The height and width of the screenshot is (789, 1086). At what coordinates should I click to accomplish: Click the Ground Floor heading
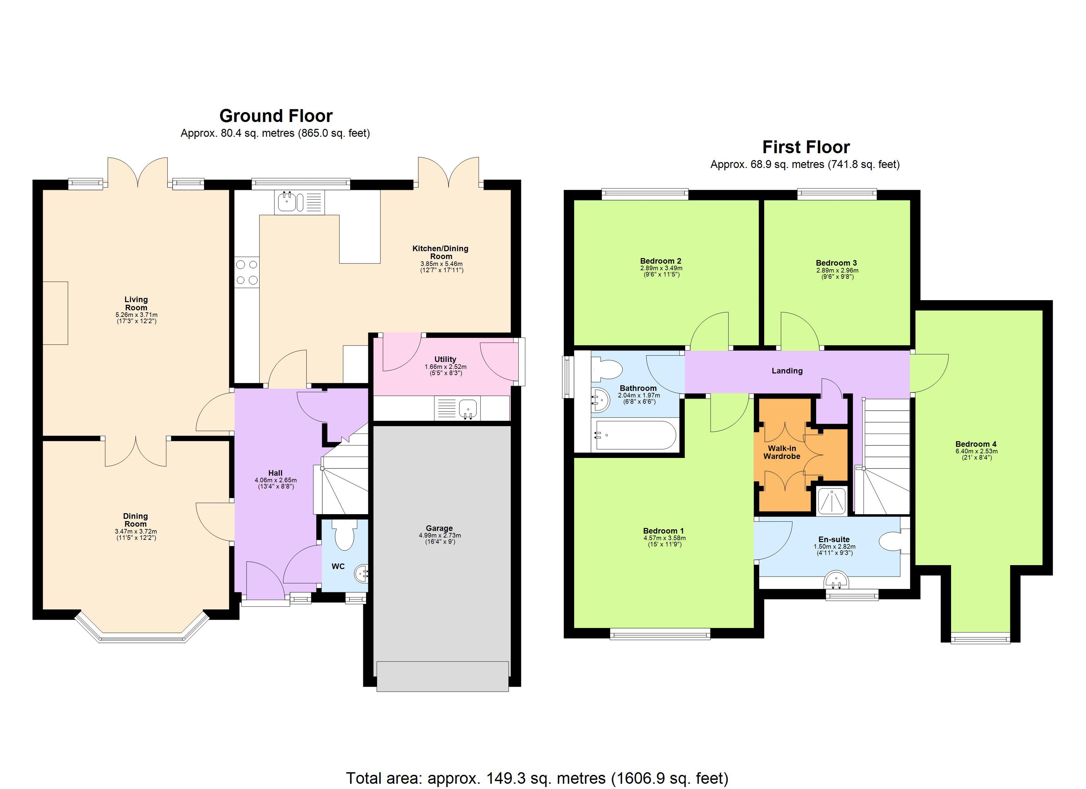click(276, 116)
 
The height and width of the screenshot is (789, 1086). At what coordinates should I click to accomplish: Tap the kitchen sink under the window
click(288, 202)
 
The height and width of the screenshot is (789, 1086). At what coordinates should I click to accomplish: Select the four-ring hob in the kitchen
click(246, 272)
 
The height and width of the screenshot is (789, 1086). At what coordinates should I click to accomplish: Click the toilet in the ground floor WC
click(344, 535)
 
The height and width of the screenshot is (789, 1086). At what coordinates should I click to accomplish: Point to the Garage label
click(439, 528)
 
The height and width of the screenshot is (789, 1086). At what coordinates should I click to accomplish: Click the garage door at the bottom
click(442, 676)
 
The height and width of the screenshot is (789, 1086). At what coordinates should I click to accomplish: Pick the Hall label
click(275, 473)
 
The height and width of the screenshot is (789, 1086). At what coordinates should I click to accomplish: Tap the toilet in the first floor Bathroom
click(607, 370)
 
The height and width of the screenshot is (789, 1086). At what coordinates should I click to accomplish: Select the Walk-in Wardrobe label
click(782, 452)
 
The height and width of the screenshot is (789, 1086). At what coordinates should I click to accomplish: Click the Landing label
click(787, 371)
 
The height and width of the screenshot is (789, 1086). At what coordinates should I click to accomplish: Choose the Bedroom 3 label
click(836, 263)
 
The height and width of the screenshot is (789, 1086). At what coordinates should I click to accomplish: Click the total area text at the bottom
click(537, 778)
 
